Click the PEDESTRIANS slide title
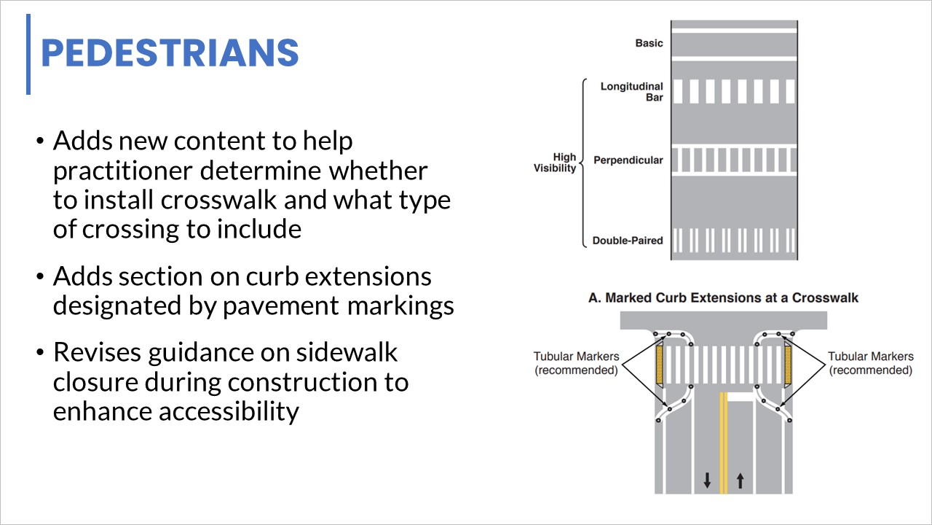(170, 53)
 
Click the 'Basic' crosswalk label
(649, 43)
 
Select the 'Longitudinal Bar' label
(631, 92)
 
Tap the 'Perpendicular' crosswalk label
(628, 160)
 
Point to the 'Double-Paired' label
(627, 240)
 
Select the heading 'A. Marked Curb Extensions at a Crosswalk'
(723, 297)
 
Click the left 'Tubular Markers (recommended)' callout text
(576, 363)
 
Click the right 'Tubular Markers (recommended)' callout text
(870, 363)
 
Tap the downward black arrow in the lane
(706, 480)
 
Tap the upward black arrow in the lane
(740, 480)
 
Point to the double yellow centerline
(723, 445)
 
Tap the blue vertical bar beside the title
(28, 55)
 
